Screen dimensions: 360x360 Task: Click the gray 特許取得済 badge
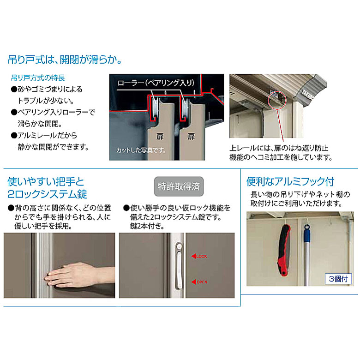click(179, 186)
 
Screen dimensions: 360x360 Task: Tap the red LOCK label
click(202, 256)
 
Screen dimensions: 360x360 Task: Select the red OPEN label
click(202, 282)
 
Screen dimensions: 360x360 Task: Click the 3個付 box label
click(338, 279)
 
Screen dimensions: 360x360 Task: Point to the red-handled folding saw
click(284, 250)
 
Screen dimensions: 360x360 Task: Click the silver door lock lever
click(179, 266)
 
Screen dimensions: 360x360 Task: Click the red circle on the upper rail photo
click(277, 100)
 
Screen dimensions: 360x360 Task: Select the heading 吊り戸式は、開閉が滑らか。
click(65, 60)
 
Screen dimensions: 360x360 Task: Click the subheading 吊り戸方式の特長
click(38, 78)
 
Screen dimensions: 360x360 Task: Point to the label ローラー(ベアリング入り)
click(156, 83)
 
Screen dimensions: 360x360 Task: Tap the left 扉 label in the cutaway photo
click(160, 137)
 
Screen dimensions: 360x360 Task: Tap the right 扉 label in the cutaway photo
click(191, 137)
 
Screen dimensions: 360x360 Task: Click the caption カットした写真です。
click(141, 150)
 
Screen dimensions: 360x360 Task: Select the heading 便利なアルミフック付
click(290, 181)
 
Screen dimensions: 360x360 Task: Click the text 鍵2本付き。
click(147, 226)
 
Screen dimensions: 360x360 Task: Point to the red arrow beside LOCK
click(193, 256)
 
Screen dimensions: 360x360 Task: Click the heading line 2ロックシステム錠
click(47, 194)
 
